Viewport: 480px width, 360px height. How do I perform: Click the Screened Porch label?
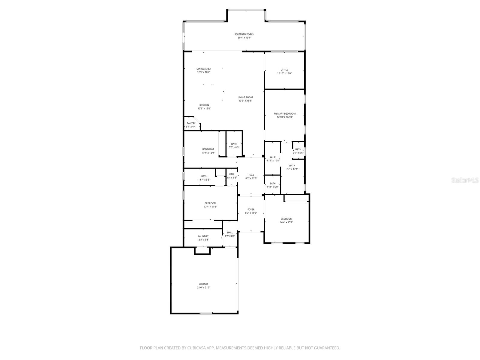(x=244, y=34)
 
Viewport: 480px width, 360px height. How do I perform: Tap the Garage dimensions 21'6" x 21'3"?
(x=204, y=288)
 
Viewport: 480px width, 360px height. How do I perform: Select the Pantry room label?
(x=191, y=123)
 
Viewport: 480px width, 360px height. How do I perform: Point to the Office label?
(x=284, y=70)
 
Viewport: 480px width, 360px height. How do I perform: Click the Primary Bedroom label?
(x=285, y=114)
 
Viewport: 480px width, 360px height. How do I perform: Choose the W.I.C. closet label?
(x=273, y=157)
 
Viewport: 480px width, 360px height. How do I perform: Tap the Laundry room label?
(x=203, y=236)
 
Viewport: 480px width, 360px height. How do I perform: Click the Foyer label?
(x=251, y=210)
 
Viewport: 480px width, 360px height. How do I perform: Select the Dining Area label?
(x=204, y=69)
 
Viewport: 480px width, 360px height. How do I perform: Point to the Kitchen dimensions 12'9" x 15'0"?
(x=204, y=109)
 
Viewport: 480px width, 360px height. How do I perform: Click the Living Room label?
(x=245, y=97)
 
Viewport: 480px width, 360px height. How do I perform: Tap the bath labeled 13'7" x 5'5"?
(x=204, y=178)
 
